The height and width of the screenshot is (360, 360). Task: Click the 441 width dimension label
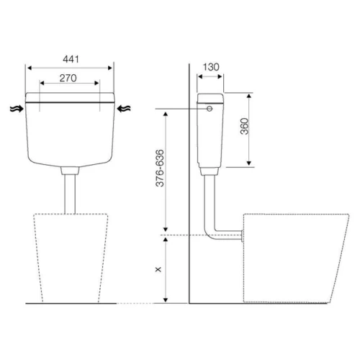pyautogui.click(x=71, y=59)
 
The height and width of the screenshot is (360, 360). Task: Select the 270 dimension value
pyautogui.click(x=68, y=78)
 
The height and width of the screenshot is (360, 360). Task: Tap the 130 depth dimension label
pyautogui.click(x=211, y=67)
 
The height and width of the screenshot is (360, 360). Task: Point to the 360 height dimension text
pyautogui.click(x=245, y=126)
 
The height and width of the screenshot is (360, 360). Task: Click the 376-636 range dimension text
pyautogui.click(x=160, y=168)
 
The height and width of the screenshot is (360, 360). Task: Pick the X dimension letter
pyautogui.click(x=158, y=269)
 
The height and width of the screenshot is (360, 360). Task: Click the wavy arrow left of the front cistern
pyautogui.click(x=17, y=109)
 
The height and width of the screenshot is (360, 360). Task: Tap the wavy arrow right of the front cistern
pyautogui.click(x=124, y=109)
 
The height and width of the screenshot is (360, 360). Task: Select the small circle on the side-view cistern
pyautogui.click(x=210, y=109)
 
